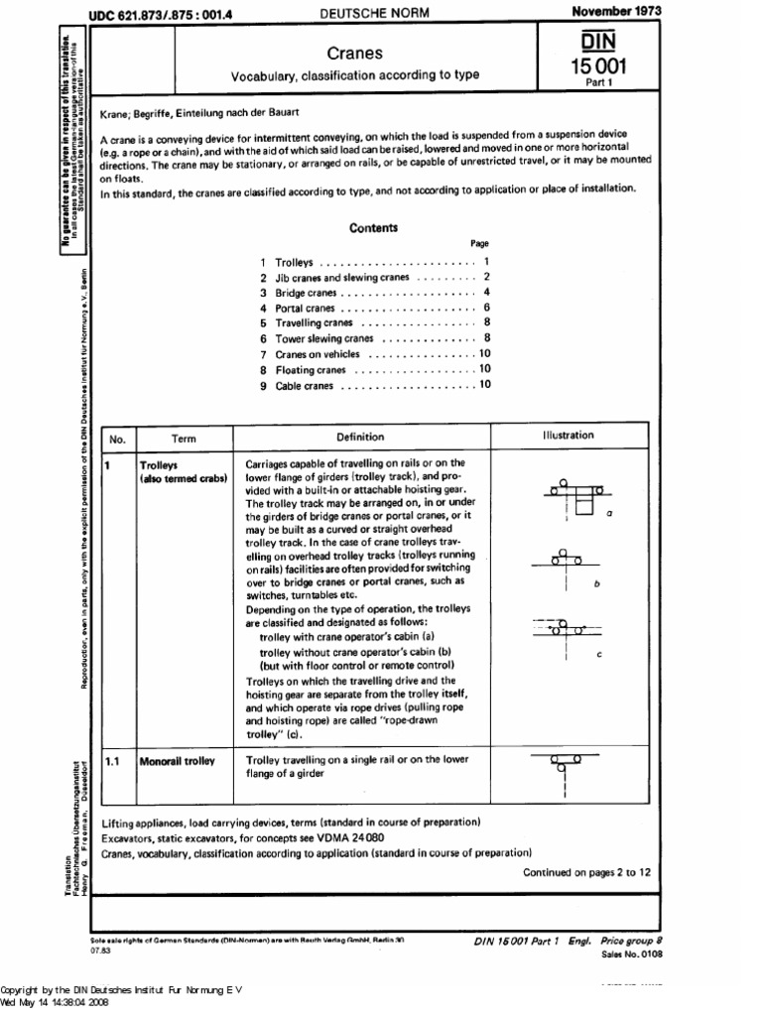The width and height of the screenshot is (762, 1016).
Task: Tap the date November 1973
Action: click(x=616, y=10)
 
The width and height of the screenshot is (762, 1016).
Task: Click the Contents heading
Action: click(x=373, y=227)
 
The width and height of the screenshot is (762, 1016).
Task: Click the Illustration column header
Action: click(x=568, y=435)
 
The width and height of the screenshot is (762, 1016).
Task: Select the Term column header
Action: click(x=184, y=437)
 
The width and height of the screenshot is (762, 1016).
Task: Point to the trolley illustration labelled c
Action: click(x=568, y=629)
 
